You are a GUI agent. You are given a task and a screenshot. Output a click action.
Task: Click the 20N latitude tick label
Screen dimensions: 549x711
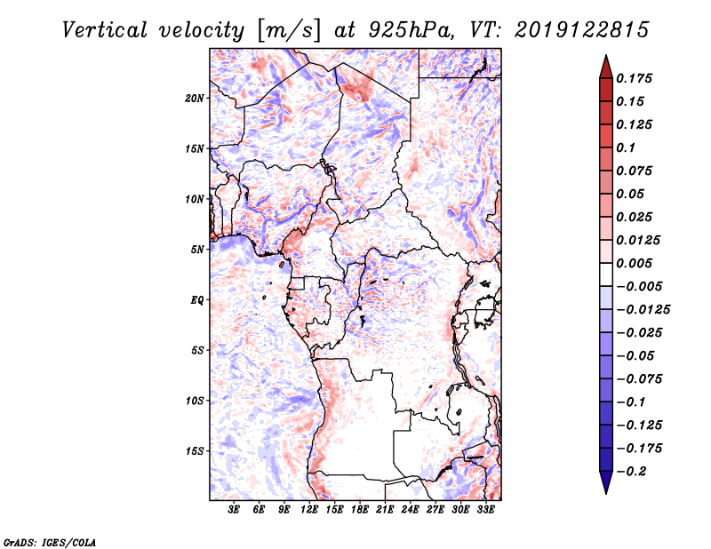[195, 98]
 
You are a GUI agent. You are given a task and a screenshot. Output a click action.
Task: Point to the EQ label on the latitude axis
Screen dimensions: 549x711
[197, 299]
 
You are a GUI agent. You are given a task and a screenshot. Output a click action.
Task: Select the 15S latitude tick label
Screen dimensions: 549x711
[195, 450]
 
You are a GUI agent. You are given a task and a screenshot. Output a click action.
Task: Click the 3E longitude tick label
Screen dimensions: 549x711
[235, 511]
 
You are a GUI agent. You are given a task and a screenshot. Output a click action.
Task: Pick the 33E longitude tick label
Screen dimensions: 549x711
[486, 511]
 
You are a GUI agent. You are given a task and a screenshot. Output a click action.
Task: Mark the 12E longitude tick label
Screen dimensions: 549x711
[310, 511]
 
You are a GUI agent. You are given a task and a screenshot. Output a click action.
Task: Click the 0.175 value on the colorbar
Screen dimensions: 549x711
[635, 78]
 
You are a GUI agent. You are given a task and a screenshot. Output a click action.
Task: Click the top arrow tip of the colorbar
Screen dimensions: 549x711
[605, 57]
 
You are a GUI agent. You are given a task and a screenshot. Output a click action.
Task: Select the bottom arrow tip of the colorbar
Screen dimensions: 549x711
[605, 491]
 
